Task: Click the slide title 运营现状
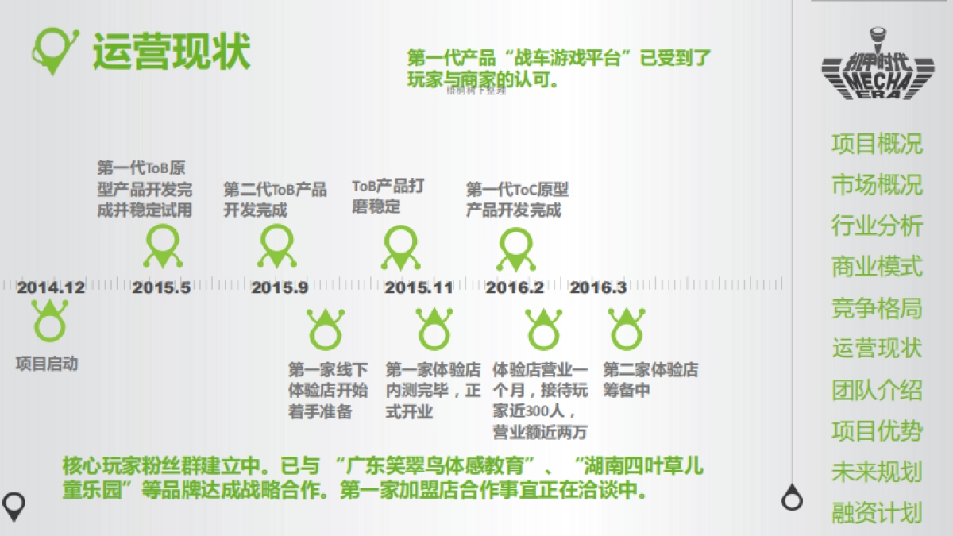pos(172,52)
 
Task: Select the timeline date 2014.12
pos(51,287)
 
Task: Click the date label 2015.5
pos(162,287)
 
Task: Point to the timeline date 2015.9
pos(280,287)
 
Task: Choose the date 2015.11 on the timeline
pos(419,287)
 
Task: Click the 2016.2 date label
pos(515,287)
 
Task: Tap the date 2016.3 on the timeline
pos(598,287)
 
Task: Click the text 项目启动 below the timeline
pos(48,364)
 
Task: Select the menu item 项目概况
pos(877,144)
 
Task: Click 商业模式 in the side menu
pos(877,266)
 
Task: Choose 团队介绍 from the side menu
pos(877,390)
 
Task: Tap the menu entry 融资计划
pos(877,512)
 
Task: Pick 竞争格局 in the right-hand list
pos(877,307)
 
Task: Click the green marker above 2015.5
pos(163,246)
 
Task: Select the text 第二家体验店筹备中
pos(650,380)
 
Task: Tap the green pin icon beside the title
pos(54,49)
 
